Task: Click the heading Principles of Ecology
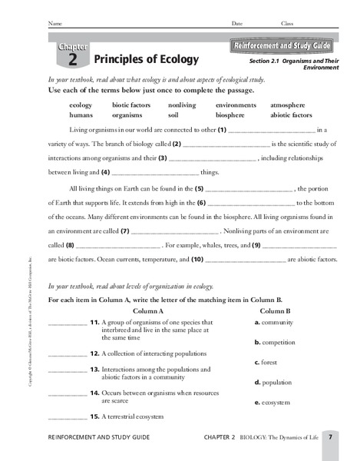pos(146,59)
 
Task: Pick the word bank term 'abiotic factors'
pos(291,114)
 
